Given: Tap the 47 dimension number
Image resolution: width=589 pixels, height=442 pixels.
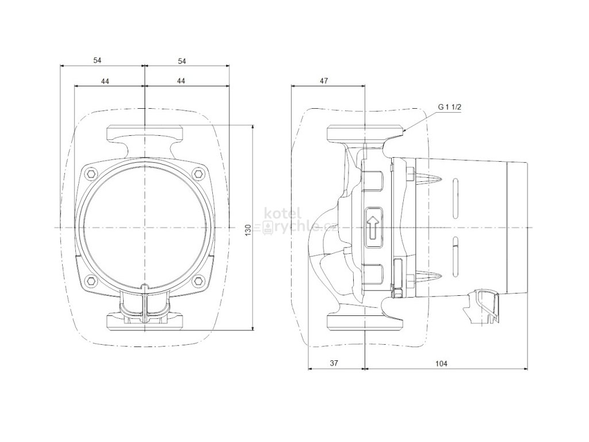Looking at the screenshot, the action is coord(324,81).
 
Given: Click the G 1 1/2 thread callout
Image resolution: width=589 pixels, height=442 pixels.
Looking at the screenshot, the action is coord(448,107).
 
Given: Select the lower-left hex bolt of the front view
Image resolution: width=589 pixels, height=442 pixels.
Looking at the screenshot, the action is coord(91,280).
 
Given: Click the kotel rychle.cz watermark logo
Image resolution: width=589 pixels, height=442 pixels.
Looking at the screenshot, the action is coord(299,222).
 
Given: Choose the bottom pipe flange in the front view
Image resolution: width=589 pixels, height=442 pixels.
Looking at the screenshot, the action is coord(145,322).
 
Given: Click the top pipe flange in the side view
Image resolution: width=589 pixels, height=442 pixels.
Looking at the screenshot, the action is coord(364,134).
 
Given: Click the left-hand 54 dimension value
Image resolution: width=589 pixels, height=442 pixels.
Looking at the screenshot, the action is coord(98,60).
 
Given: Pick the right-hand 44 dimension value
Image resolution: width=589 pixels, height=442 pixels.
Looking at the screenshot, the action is coord(181,81).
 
